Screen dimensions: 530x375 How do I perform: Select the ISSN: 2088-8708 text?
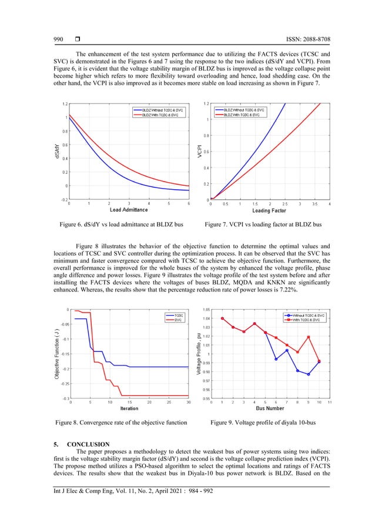pos(301,39)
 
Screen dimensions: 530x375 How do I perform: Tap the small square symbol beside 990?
pos(78,39)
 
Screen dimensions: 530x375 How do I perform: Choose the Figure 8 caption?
pos(120,422)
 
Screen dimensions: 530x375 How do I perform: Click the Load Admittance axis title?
pos(129,210)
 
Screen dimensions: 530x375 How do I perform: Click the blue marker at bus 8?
pos(298,371)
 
